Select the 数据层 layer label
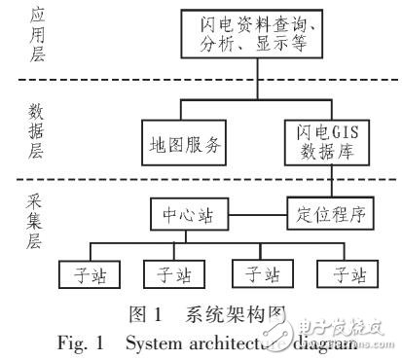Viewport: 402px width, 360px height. point(26,134)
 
